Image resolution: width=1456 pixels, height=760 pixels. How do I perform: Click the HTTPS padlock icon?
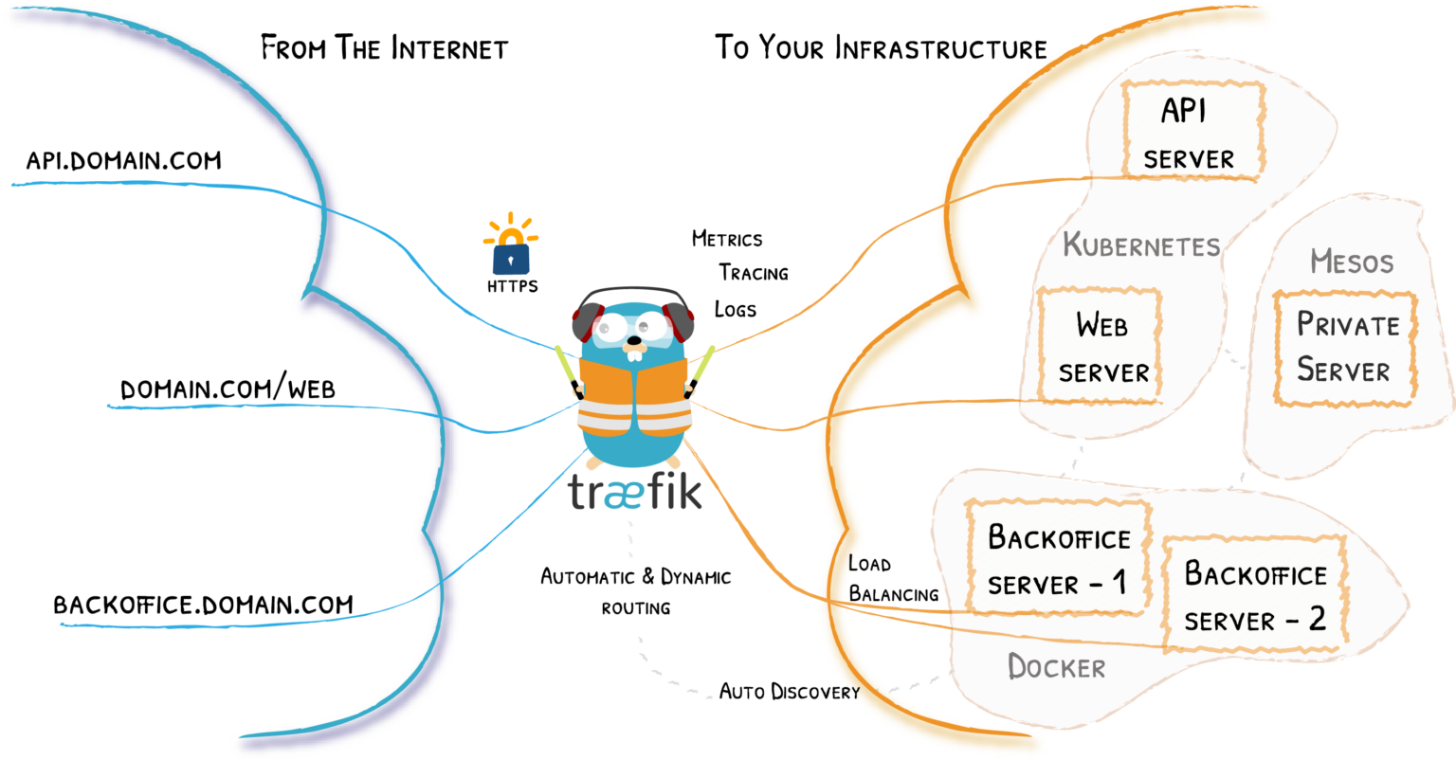(x=512, y=252)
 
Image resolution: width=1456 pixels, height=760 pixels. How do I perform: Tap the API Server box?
(x=1192, y=132)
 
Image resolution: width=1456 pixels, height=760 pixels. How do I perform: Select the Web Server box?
(x=1101, y=347)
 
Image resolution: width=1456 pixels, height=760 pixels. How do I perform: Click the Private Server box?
(x=1345, y=348)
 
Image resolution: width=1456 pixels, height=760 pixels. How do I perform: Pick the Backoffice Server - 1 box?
(x=1058, y=558)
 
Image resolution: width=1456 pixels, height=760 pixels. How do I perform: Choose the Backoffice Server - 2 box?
(x=1254, y=594)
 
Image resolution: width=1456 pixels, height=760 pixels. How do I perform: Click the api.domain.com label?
(x=123, y=160)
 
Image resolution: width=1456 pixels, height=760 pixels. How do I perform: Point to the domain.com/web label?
(x=227, y=389)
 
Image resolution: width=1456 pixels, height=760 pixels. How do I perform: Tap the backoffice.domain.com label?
(x=203, y=605)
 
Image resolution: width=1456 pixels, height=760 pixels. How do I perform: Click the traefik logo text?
(x=635, y=492)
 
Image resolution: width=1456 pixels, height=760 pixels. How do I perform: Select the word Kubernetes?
(x=1141, y=245)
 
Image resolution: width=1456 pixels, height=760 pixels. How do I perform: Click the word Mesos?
(x=1352, y=261)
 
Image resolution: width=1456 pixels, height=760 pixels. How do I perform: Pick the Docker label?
(x=1056, y=667)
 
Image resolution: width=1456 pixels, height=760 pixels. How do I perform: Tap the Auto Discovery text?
(x=789, y=692)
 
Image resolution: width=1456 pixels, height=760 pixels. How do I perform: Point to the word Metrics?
(x=727, y=239)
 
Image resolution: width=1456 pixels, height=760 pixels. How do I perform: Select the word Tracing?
(x=753, y=273)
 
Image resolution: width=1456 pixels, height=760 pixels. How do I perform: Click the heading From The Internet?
(x=384, y=48)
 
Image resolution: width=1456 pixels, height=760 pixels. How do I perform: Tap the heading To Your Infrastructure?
(x=881, y=48)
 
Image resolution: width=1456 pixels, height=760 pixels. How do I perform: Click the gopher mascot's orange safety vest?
(x=634, y=398)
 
